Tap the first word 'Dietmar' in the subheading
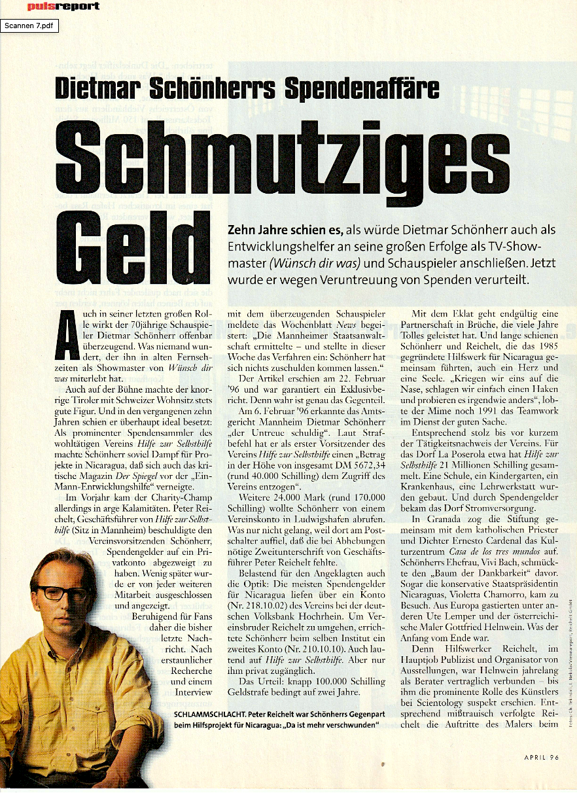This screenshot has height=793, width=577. pos(97,89)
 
